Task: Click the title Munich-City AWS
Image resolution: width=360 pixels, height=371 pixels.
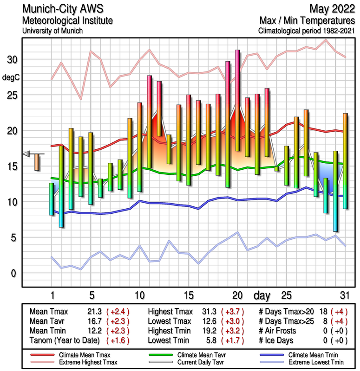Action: tap(61, 9)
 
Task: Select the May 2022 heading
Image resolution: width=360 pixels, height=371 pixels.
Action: tap(331, 9)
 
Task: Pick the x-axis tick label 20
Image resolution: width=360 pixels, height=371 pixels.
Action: tap(237, 295)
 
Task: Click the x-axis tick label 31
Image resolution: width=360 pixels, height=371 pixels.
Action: tap(344, 295)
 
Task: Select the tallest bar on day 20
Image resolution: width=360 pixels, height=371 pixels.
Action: tap(237, 100)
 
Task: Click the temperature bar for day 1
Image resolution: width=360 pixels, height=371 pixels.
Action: tap(51, 199)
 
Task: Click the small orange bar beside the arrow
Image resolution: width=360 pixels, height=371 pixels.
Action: tap(37, 162)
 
